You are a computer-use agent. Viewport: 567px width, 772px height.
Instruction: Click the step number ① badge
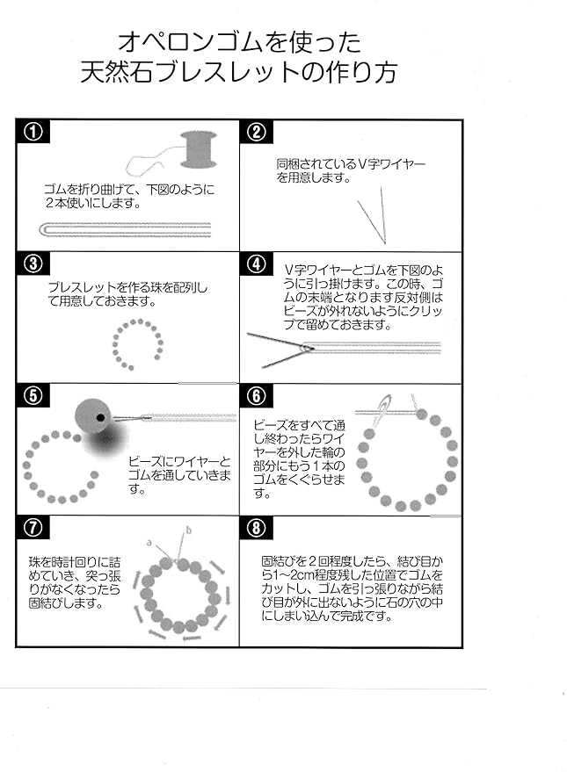click(x=33, y=132)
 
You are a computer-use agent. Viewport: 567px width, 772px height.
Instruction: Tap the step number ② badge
click(x=257, y=132)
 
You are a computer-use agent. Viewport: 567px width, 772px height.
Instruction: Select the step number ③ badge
click(x=33, y=263)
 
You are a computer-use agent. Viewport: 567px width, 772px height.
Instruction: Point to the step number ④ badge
click(x=257, y=263)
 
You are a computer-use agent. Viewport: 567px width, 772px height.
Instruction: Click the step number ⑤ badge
click(x=33, y=396)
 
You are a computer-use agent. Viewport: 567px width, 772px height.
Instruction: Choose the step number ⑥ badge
click(x=257, y=396)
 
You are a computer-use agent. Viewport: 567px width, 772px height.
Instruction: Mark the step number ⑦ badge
click(x=33, y=528)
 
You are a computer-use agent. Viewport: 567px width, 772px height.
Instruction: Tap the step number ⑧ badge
click(x=257, y=528)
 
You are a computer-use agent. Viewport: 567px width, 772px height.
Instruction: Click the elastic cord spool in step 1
click(x=199, y=149)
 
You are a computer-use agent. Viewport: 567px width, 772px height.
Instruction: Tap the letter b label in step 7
click(x=189, y=530)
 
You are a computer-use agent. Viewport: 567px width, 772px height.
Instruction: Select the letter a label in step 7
click(x=149, y=543)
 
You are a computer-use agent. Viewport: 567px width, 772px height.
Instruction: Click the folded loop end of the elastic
click(x=43, y=229)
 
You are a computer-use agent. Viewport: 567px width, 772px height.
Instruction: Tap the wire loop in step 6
click(x=383, y=408)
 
